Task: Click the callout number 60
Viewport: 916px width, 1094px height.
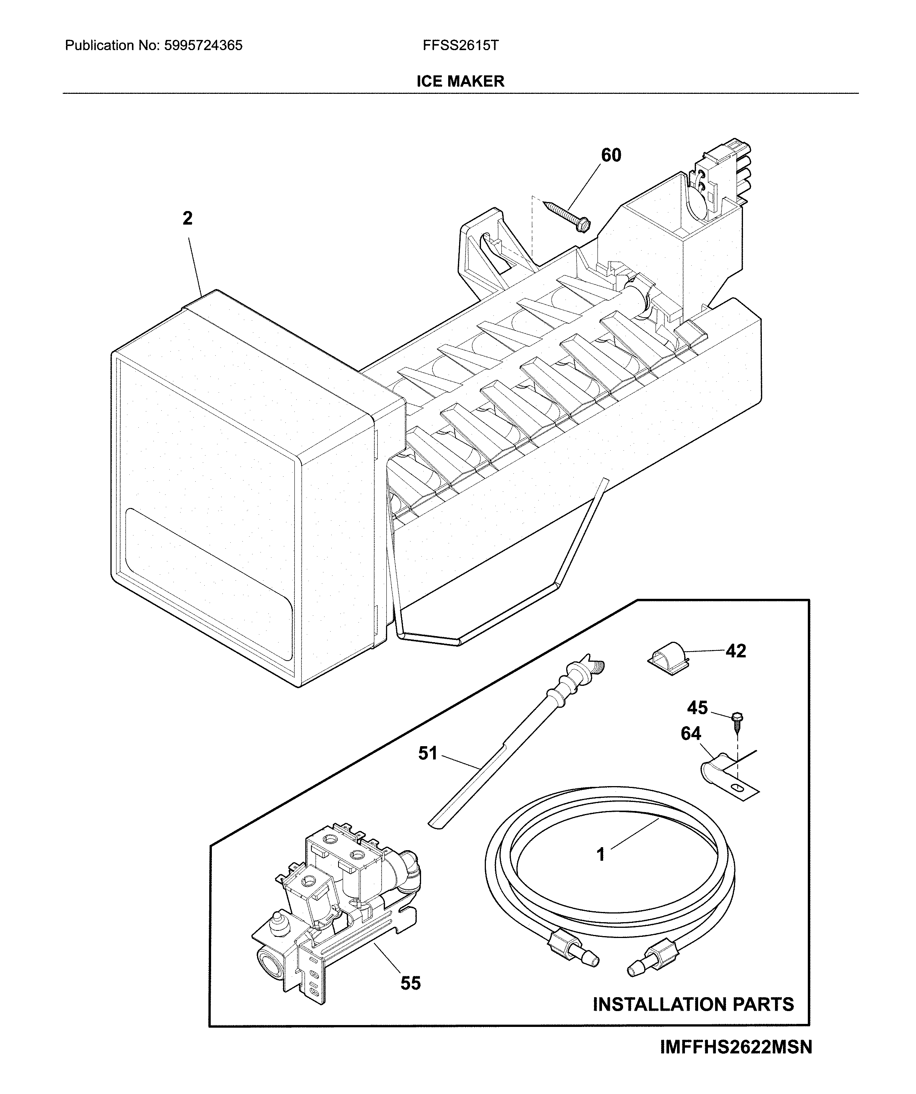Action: [x=611, y=155]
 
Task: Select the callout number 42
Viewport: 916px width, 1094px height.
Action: [x=736, y=651]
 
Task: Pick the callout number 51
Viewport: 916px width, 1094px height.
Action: [x=428, y=753]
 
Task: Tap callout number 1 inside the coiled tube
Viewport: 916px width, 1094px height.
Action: [x=601, y=854]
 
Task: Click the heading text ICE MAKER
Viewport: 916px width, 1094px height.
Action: [x=460, y=81]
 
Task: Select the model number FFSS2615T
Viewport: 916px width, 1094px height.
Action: [x=461, y=46]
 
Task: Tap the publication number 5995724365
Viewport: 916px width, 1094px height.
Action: [x=203, y=46]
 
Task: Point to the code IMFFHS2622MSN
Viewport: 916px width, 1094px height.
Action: [x=736, y=1057]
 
